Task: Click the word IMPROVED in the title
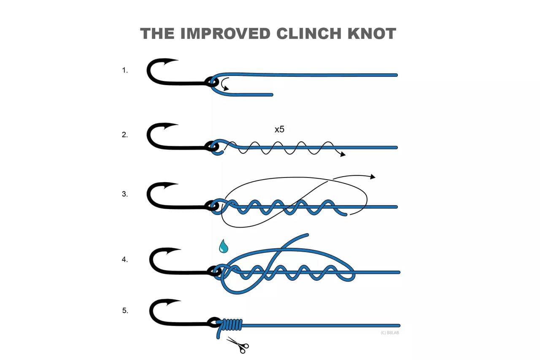click(x=225, y=33)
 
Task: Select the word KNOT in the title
click(x=372, y=33)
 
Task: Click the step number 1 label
click(x=124, y=70)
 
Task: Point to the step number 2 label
click(x=124, y=135)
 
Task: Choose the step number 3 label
click(x=124, y=194)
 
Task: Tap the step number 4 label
click(x=124, y=260)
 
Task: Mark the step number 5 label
click(x=125, y=311)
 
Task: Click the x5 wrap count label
click(x=280, y=130)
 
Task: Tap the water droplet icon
click(x=224, y=246)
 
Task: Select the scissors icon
click(x=238, y=345)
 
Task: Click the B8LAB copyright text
click(x=390, y=333)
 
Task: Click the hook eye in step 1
click(x=211, y=82)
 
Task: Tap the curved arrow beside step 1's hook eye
click(x=225, y=84)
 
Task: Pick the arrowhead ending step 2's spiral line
click(x=343, y=154)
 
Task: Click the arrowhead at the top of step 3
click(x=373, y=177)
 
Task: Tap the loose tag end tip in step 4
click(x=307, y=234)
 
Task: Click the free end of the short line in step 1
click(x=272, y=95)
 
